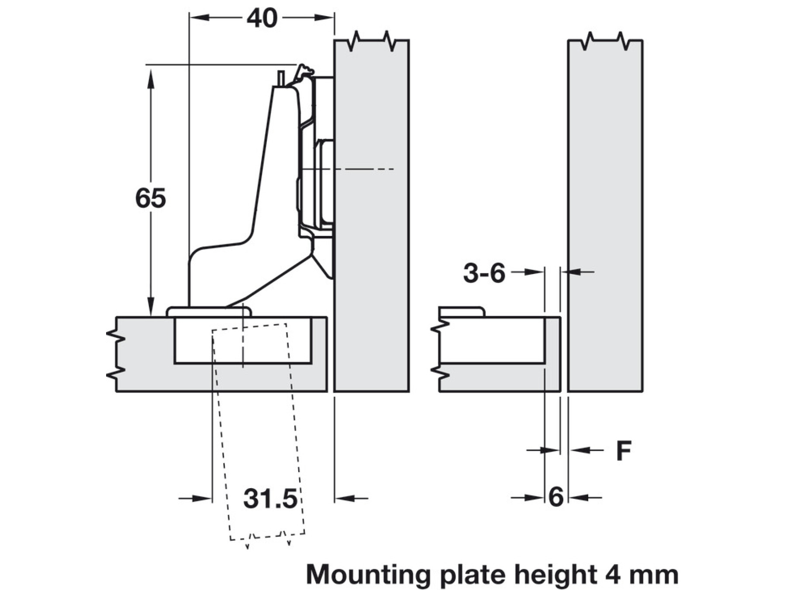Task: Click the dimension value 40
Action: tap(262, 18)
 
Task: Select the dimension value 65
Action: tap(151, 198)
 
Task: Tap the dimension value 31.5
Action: tap(270, 498)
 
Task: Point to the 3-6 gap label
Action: tap(484, 274)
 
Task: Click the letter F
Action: tap(624, 450)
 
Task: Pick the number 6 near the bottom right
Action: tap(556, 497)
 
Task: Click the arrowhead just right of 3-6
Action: tap(535, 272)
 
